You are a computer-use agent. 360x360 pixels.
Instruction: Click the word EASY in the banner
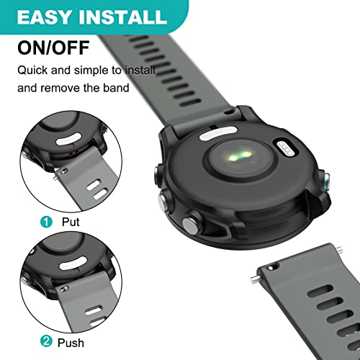44,17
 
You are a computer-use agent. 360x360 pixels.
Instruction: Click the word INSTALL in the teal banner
122,17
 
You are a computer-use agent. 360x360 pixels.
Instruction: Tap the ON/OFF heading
53,48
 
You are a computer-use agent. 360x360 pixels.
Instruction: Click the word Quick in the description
32,71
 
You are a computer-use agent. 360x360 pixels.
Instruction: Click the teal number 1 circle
46,222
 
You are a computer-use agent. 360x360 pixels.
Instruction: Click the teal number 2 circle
46,341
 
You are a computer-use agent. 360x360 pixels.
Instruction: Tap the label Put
71,222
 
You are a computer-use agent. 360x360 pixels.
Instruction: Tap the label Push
71,343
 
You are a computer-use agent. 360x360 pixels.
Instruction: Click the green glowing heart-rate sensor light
240,156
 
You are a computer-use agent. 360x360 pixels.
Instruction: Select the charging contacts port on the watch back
285,149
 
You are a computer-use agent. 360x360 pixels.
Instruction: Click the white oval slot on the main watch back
218,132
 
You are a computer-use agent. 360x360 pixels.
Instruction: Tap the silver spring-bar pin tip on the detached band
253,279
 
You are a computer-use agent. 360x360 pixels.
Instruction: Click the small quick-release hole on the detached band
271,268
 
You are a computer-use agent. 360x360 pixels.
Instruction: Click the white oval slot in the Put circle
68,140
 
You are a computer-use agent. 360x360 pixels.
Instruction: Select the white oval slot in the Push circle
73,263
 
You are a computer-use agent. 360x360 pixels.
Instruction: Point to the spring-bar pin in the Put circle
56,176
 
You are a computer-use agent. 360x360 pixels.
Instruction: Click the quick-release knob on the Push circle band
63,289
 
